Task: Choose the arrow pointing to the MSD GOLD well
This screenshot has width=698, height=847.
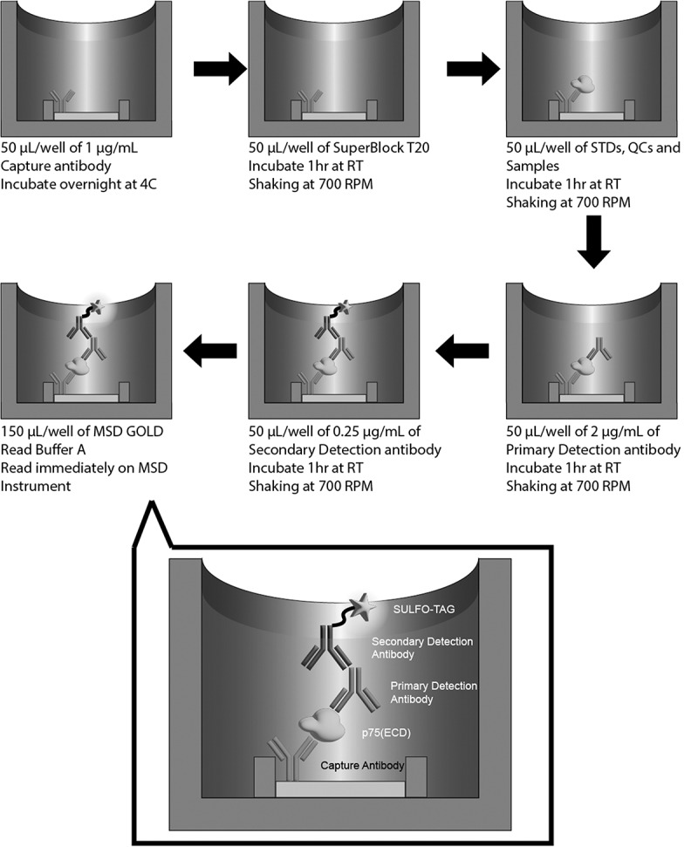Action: point(210,351)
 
